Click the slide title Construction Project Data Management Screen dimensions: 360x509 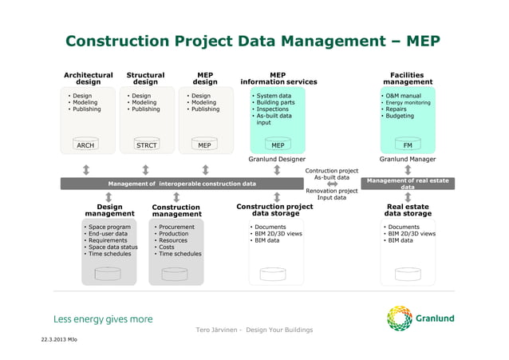252,41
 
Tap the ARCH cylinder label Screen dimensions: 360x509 85,145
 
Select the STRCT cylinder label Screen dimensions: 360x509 145,145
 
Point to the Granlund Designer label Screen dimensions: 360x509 277,160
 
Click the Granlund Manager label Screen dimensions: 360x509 408,160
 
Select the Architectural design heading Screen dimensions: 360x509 88,78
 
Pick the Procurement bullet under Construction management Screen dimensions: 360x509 176,227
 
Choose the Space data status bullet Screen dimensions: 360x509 112,247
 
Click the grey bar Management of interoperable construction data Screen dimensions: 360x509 182,184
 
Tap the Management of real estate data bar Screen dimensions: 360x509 408,184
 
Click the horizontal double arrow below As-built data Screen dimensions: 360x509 332,184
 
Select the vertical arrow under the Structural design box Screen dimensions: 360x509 145,169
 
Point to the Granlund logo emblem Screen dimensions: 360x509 399,318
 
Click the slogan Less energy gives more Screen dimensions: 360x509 103,319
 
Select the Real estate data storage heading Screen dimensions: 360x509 408,209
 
